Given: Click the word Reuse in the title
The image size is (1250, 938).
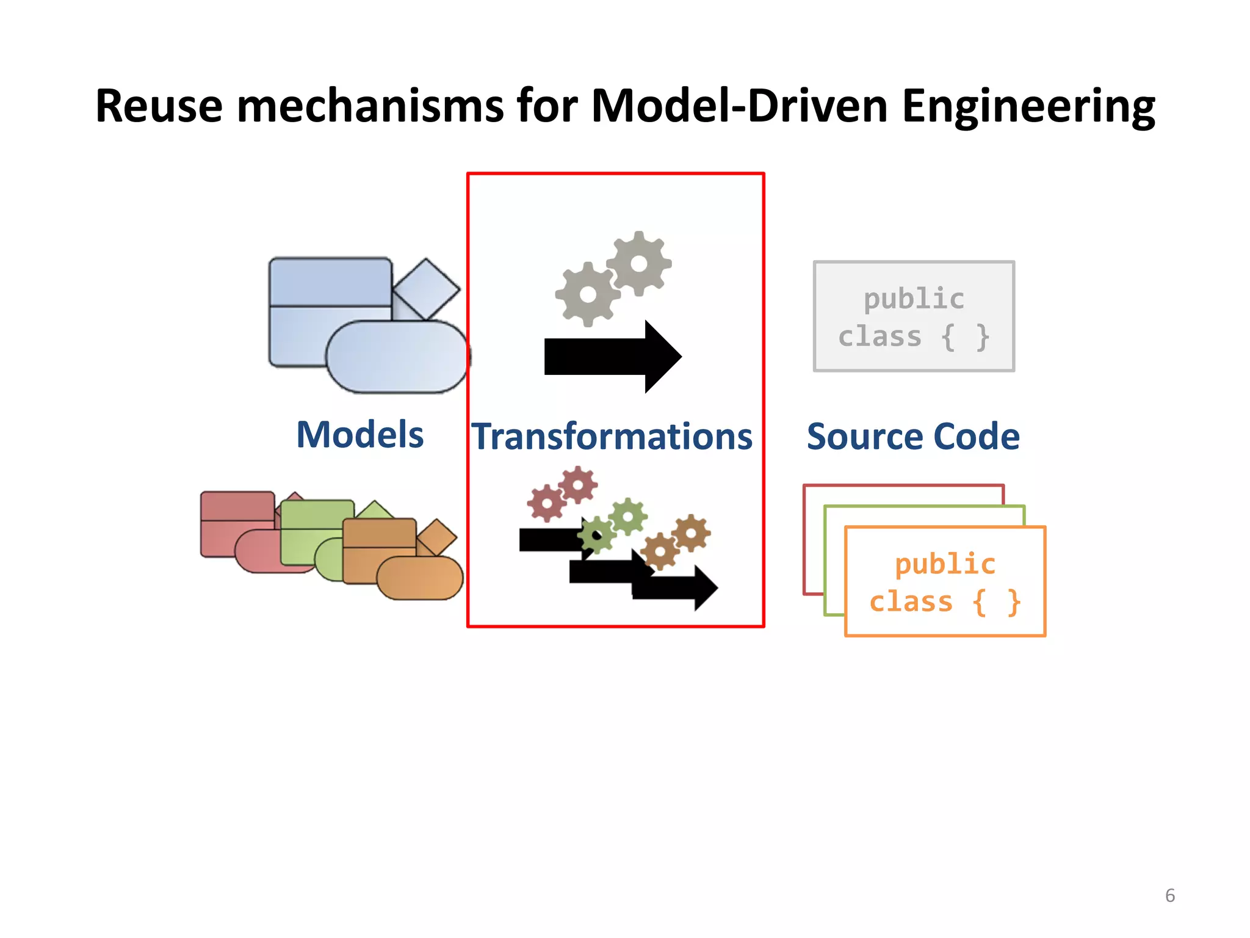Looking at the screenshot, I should (159, 106).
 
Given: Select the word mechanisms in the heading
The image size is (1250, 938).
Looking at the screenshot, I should (370, 106).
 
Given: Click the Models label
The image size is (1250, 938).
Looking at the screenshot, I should (360, 435).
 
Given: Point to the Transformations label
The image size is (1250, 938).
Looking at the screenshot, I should (612, 437).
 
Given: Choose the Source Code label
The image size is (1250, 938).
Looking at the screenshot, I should (913, 437).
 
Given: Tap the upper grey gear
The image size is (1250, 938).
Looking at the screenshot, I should (639, 264).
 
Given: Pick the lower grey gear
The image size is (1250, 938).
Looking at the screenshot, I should (588, 294).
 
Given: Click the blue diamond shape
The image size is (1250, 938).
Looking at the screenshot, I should (426, 289).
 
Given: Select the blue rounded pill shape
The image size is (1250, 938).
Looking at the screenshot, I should (397, 357).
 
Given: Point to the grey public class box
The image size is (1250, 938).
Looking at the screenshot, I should (914, 316).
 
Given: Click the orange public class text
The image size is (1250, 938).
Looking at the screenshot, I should (945, 583).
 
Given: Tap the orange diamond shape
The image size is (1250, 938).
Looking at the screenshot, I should (437, 537).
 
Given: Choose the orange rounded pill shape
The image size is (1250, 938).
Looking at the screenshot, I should (420, 578).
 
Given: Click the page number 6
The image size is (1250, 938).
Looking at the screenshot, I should (1169, 895).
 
